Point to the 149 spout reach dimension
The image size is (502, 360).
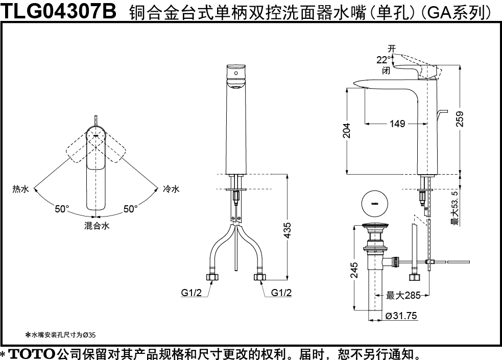click(397, 124)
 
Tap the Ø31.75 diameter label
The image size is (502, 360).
click(401, 316)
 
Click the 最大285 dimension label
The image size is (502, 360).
click(402, 296)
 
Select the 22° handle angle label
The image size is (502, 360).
click(384, 60)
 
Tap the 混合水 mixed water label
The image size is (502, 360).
click(97, 226)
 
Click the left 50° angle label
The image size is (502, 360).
click(62, 209)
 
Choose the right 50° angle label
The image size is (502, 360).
click(130, 209)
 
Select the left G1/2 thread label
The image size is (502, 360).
click(192, 293)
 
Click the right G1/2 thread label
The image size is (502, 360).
click(281, 293)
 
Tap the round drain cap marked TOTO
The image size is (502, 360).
click(374, 203)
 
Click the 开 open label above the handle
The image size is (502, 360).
click(392, 49)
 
